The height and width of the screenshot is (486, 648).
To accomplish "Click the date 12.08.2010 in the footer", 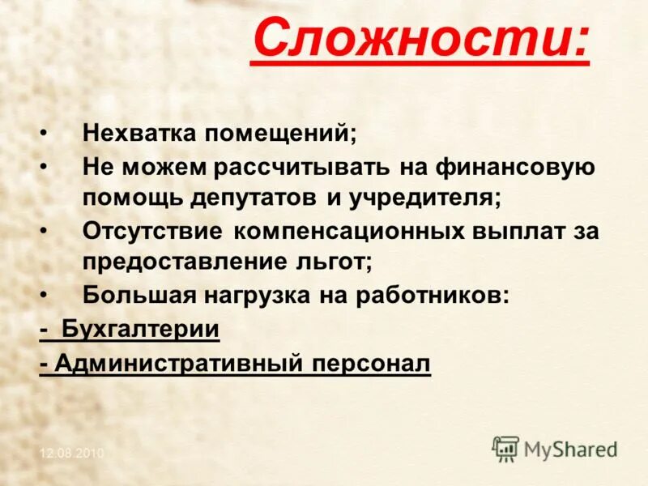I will pos(72,454).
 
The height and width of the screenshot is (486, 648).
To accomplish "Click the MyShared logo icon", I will pos(505,448).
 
